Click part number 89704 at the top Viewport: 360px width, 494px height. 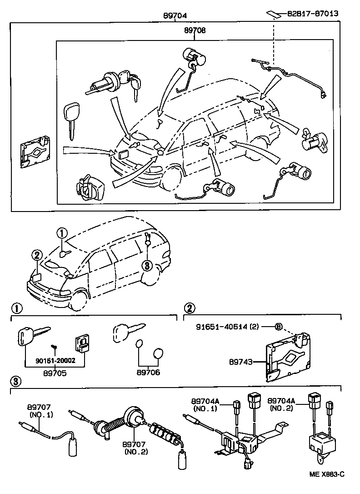175,15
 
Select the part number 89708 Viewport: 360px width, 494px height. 195,31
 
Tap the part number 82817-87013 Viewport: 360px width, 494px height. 312,14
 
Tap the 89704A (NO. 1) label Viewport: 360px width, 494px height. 205,404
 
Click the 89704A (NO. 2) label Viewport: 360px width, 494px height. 281,404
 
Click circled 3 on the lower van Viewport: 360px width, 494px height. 146,266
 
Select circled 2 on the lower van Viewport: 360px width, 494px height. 37,255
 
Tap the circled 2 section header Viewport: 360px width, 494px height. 189,308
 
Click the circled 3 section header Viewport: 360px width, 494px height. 15,381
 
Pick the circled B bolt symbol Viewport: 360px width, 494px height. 279,327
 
